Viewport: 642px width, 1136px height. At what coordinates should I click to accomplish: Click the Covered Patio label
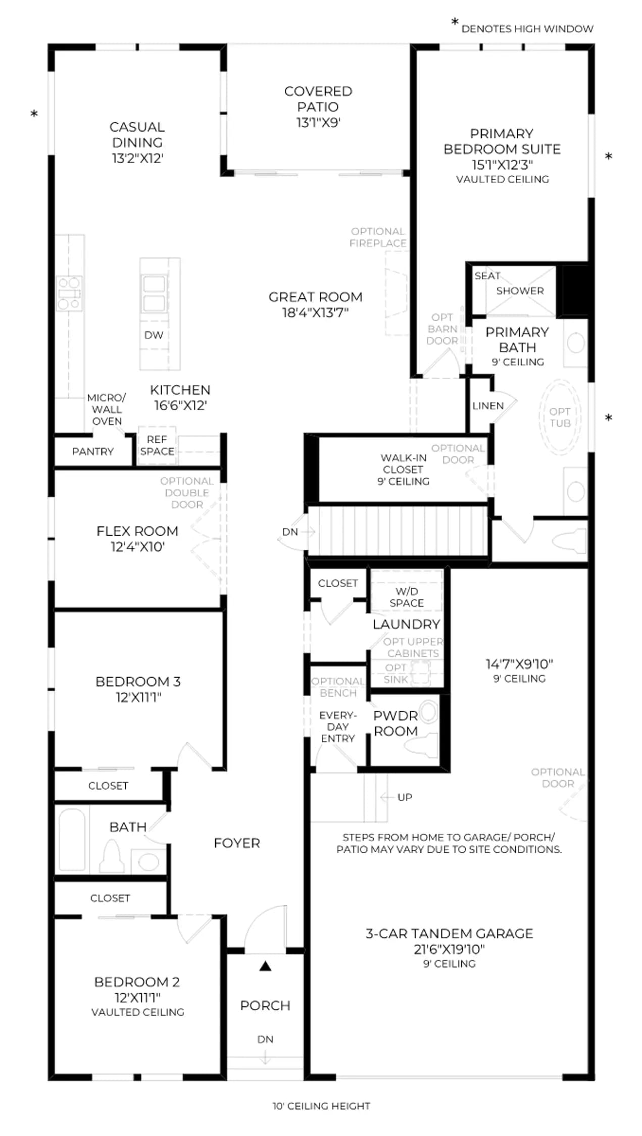click(318, 99)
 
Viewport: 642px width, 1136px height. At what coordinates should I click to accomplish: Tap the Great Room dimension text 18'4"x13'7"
click(315, 313)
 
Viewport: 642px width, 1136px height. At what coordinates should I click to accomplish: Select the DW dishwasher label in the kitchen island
click(154, 335)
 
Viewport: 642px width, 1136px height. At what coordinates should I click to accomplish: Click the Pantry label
click(93, 451)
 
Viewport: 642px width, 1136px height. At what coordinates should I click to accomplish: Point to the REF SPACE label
click(157, 445)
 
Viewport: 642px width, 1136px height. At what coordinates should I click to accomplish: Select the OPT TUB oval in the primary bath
click(560, 418)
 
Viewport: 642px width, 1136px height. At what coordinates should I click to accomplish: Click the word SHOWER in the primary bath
click(520, 291)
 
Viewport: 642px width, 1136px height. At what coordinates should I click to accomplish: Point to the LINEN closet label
click(488, 406)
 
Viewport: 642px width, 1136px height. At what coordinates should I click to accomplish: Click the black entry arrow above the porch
click(265, 966)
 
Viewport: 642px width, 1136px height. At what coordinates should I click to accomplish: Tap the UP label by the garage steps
click(405, 797)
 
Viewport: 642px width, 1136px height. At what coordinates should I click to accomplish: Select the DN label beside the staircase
click(290, 532)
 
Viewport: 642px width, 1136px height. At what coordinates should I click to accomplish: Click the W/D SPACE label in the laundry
click(407, 597)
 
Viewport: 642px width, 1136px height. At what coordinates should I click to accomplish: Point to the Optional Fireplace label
click(378, 237)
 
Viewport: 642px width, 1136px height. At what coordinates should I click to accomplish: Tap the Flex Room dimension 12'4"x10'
click(137, 547)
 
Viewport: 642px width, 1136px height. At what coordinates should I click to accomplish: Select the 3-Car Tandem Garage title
click(450, 934)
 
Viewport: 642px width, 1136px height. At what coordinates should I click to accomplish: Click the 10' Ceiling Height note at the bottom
click(321, 1106)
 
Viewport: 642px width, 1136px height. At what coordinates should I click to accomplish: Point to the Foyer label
click(237, 843)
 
